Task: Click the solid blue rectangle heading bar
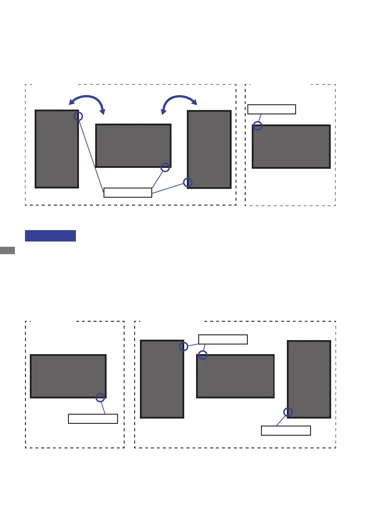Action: pos(50,236)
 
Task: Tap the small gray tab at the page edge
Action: pos(7,250)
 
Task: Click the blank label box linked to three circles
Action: pos(128,192)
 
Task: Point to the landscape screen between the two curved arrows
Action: pos(133,146)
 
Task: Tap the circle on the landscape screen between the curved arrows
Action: pos(165,167)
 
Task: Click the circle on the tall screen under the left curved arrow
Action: pos(78,116)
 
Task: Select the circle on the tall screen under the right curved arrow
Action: pos(188,182)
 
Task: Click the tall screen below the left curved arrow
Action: pos(57,149)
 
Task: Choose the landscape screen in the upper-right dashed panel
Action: pos(291,146)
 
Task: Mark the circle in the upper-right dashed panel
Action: pos(258,126)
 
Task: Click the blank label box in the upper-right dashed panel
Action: pos(272,109)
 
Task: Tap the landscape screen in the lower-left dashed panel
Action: pos(68,376)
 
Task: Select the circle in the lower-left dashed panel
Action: pos(100,398)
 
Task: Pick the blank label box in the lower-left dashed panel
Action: pos(93,419)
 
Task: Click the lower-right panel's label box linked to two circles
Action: pos(223,339)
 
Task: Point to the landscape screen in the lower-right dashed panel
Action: pos(235,376)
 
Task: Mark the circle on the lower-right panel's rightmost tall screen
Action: pos(288,412)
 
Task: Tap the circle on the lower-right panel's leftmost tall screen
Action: pos(184,347)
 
